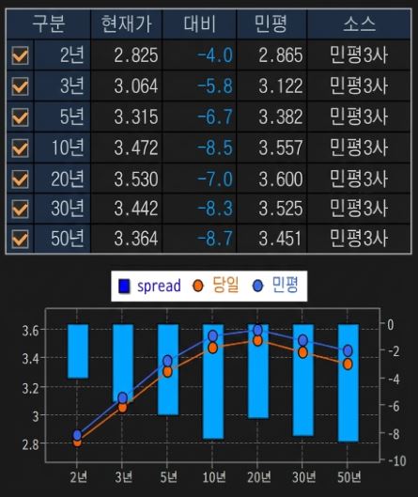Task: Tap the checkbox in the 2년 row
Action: [19, 55]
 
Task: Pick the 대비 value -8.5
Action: [215, 148]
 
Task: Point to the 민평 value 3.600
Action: [281, 178]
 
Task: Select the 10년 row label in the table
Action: [67, 148]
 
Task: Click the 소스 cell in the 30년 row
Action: [359, 208]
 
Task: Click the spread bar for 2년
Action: [78, 350]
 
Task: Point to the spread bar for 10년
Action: [213, 381]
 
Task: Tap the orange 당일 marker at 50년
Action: [348, 364]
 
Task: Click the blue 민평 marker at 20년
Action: [258, 331]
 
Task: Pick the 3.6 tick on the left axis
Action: [31, 331]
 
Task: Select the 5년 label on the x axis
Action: [168, 475]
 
